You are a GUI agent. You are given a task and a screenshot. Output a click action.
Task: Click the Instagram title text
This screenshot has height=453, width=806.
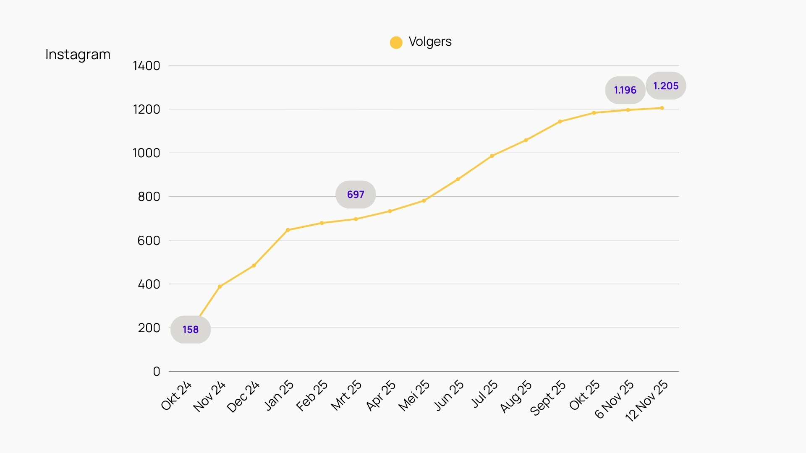tap(78, 55)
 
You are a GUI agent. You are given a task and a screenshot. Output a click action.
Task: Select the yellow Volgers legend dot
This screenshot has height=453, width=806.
tap(396, 42)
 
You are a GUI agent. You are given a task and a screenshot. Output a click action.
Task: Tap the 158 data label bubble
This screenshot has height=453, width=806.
tap(191, 330)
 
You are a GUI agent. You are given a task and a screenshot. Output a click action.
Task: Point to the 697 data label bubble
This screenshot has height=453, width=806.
tap(356, 195)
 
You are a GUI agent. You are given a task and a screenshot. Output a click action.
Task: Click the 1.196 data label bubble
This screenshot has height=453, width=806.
tap(625, 90)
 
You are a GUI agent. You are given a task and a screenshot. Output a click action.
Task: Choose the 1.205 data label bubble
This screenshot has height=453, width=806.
tap(666, 86)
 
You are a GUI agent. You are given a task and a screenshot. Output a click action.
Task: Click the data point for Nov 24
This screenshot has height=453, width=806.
tap(220, 286)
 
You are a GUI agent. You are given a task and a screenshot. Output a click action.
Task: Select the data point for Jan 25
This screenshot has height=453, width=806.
tap(288, 230)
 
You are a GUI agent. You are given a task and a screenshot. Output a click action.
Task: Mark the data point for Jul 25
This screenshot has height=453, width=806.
tap(492, 156)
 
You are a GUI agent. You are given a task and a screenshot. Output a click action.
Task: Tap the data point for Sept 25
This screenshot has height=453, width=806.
tap(560, 122)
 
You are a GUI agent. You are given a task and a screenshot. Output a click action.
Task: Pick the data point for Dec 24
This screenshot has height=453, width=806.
tap(254, 266)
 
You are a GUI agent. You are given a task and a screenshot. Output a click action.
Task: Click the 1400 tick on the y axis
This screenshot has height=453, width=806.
tap(147, 66)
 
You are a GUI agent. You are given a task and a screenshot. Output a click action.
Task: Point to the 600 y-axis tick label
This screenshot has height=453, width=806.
tap(149, 241)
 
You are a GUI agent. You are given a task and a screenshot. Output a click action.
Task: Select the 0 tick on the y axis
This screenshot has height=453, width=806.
tap(157, 372)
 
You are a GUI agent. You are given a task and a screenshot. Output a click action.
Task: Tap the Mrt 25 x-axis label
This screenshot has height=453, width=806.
tap(346, 395)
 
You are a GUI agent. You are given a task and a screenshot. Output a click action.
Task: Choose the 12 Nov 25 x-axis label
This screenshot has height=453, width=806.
tap(646, 401)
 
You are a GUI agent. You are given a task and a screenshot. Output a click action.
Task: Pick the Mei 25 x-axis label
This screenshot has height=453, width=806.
tap(414, 396)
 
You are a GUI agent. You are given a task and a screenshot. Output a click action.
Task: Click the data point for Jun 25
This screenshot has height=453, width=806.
tap(458, 180)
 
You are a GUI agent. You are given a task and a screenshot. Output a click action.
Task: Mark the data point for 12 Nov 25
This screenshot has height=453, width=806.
tap(662, 108)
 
